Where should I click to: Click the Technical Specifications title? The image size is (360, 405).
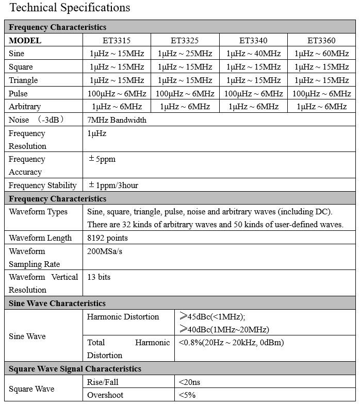tap(70, 8)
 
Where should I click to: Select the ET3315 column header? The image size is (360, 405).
tap(117, 40)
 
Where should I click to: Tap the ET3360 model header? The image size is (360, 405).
tap(321, 40)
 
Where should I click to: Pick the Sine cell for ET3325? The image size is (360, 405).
tap(185, 54)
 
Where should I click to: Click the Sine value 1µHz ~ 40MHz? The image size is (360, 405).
tap(253, 54)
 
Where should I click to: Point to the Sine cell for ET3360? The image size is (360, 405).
tap(321, 54)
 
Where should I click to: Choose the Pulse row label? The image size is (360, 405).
tap(18, 94)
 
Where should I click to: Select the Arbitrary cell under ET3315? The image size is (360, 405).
tap(117, 107)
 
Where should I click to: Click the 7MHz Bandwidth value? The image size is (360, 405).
tap(117, 120)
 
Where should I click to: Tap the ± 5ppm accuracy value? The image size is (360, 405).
tap(102, 159)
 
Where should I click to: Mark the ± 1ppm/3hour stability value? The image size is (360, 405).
tap(113, 185)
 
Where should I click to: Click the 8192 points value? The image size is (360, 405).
tap(107, 238)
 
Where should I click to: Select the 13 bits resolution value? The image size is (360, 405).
tap(99, 277)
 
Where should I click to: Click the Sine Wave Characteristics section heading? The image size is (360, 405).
tap(57, 303)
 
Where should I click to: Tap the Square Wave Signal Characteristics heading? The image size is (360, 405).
tap(75, 369)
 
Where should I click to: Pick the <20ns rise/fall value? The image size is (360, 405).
tap(190, 382)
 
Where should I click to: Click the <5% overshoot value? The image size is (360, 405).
tap(187, 395)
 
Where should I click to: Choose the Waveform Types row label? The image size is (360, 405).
tap(38, 212)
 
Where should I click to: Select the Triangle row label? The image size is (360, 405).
tap(23, 80)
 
